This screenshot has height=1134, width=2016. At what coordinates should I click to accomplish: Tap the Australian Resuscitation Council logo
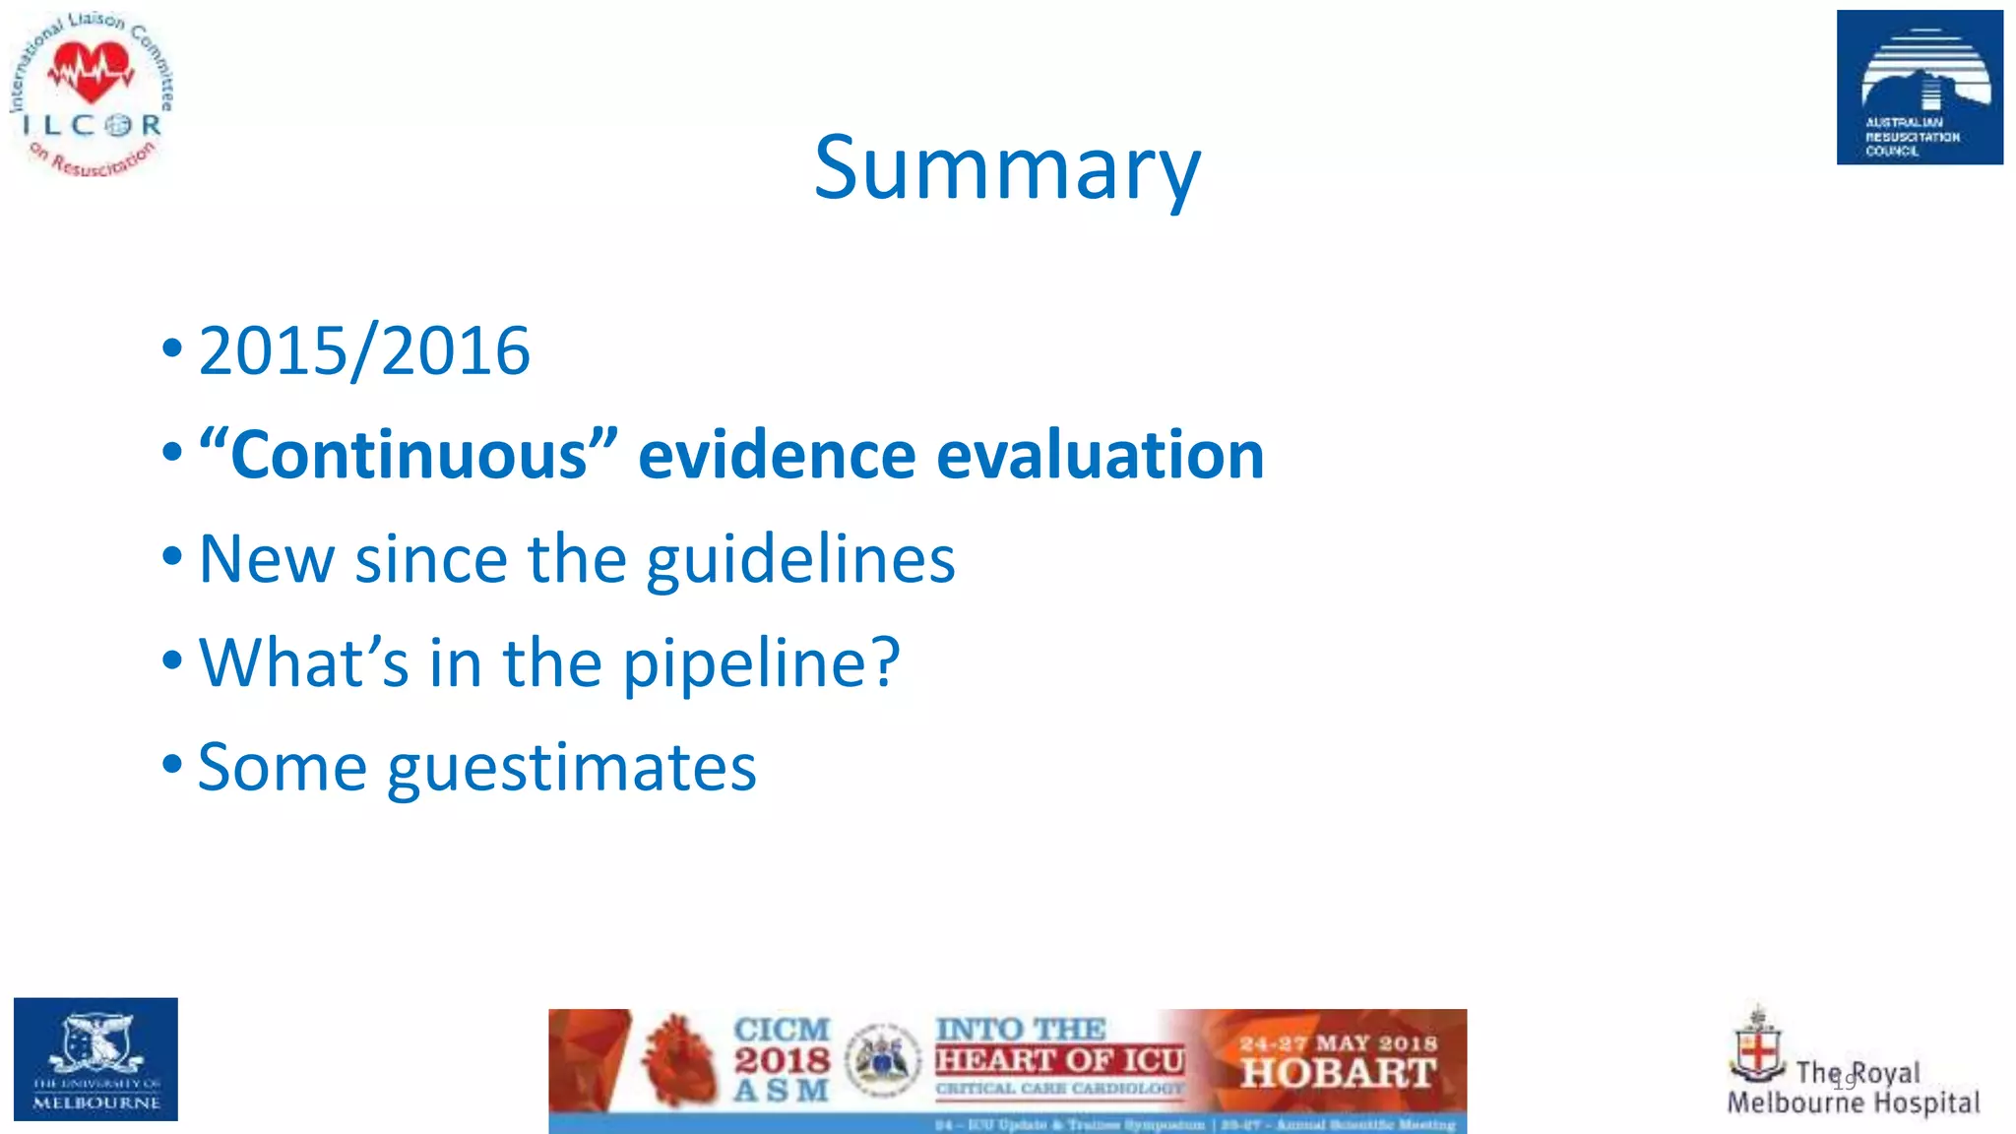pyautogui.click(x=1919, y=88)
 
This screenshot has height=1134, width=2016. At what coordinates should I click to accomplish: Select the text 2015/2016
pyautogui.click(x=364, y=351)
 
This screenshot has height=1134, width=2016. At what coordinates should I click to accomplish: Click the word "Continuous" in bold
pyautogui.click(x=409, y=456)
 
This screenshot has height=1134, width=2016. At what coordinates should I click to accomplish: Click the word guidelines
pyautogui.click(x=800, y=560)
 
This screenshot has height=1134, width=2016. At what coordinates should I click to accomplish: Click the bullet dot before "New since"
pyautogui.click(x=172, y=556)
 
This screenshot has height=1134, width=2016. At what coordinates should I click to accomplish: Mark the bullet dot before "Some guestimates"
pyautogui.click(x=172, y=764)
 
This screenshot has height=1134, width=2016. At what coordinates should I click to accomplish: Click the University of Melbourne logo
pyautogui.click(x=95, y=1059)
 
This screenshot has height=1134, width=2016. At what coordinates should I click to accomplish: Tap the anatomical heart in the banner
pyautogui.click(x=678, y=1061)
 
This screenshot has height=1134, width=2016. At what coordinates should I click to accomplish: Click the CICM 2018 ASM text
pyautogui.click(x=782, y=1060)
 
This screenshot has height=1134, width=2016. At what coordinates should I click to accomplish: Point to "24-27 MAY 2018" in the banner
pyautogui.click(x=1338, y=1042)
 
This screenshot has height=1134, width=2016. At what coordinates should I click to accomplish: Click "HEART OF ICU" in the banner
pyautogui.click(x=1059, y=1060)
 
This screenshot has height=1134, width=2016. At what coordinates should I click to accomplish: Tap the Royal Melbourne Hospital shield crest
pyautogui.click(x=1757, y=1049)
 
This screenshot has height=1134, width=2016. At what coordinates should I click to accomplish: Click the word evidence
pyautogui.click(x=776, y=456)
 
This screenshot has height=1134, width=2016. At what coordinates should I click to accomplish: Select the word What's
pyautogui.click(x=303, y=663)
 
